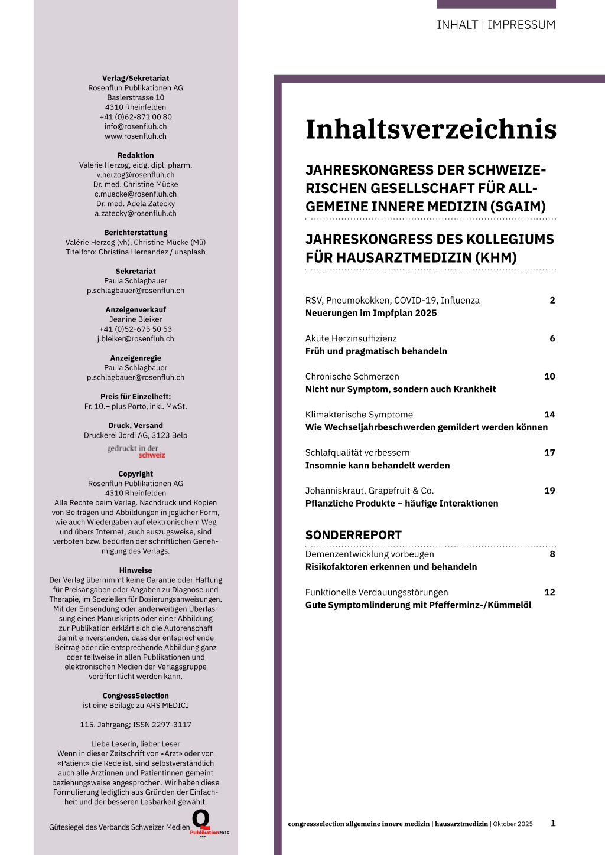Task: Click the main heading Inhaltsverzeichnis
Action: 431,130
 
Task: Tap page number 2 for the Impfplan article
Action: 552,301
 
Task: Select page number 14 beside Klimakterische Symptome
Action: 549,415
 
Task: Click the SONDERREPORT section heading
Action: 353,535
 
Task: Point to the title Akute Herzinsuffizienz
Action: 351,338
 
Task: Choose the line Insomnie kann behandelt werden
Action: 378,465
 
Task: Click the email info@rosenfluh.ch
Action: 136,126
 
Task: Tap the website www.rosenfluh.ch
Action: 136,136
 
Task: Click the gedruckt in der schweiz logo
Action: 136,452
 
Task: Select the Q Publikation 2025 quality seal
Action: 207,823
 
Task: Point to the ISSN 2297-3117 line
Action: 136,725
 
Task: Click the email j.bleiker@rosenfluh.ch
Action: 136,339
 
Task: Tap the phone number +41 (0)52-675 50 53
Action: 136,329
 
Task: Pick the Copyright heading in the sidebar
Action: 136,474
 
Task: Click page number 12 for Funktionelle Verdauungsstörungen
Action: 549,592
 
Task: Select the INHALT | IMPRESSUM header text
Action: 496,25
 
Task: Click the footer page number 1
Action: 553,823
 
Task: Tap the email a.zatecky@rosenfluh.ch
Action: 136,213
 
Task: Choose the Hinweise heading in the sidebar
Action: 136,570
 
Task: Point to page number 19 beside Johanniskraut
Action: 549,491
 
